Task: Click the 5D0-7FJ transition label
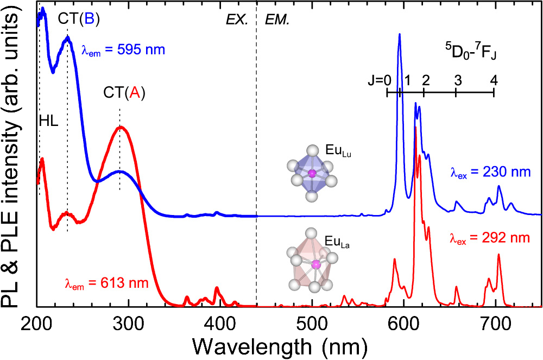point(470,54)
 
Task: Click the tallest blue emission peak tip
point(400,34)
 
